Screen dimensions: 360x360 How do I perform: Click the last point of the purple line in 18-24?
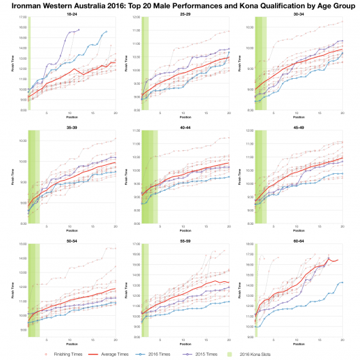(x=79, y=29)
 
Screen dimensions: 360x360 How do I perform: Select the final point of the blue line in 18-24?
(x=107, y=31)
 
